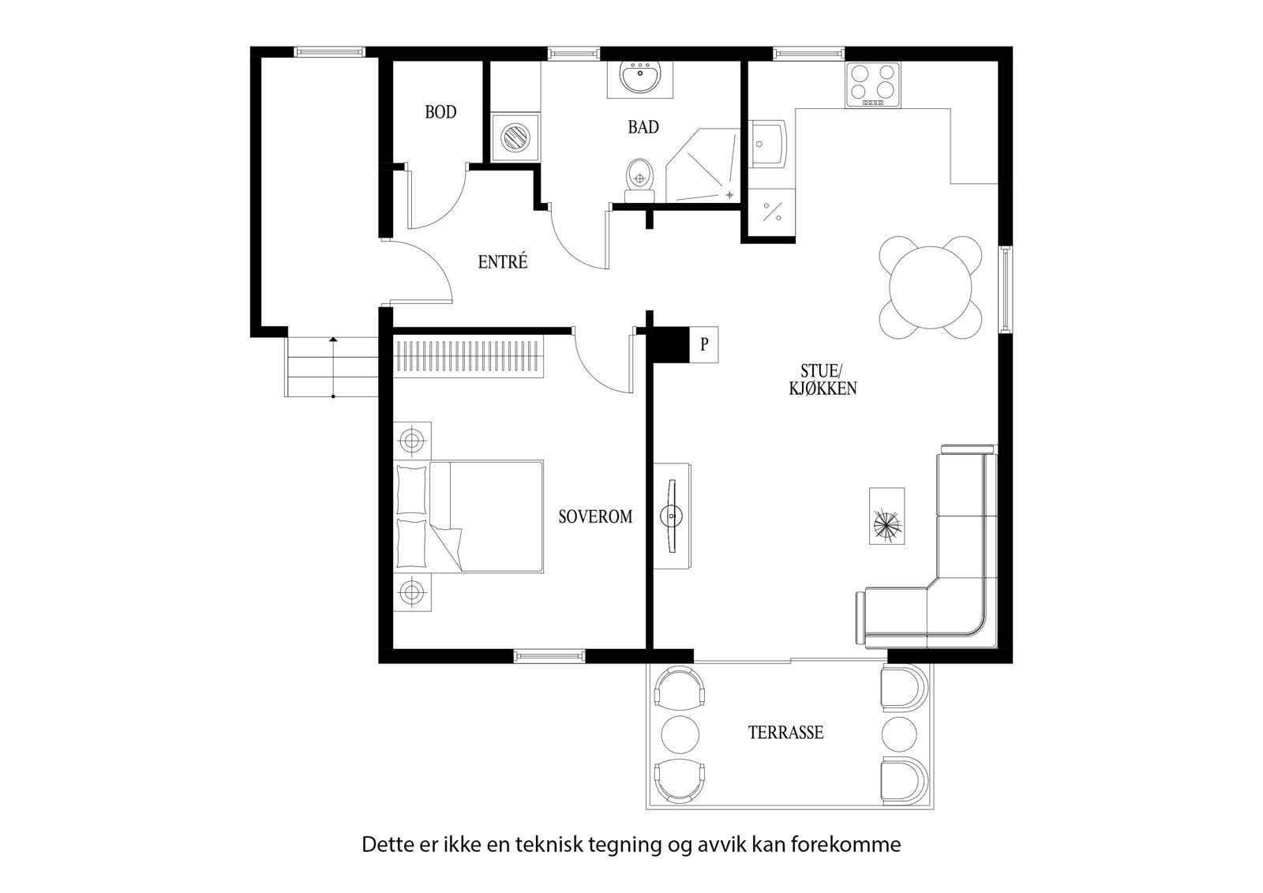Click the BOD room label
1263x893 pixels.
pos(440,112)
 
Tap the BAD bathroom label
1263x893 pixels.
pos(643,126)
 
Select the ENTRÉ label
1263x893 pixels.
pos(502,262)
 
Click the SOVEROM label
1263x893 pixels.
pos(595,517)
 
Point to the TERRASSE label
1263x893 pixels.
pos(785,733)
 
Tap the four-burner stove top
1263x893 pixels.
pos(872,84)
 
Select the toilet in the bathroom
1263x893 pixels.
pos(639,177)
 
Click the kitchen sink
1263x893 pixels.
pos(768,144)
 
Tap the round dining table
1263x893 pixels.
pos(931,288)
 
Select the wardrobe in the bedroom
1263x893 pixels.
pos(469,356)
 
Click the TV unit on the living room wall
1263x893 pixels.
pos(673,515)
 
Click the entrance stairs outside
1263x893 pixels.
pos(332,366)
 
